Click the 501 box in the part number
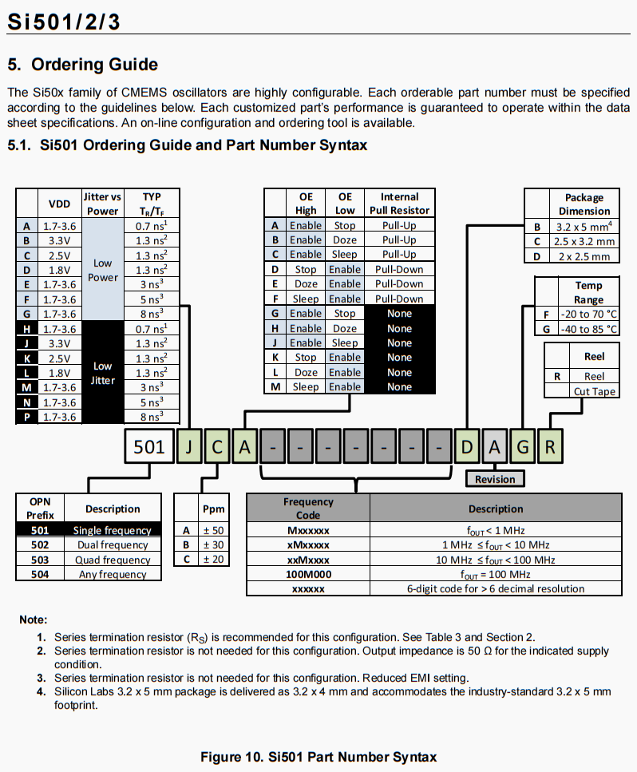[x=148, y=446]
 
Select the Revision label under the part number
[x=495, y=479]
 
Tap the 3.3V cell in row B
[x=60, y=240]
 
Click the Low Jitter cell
[x=102, y=372]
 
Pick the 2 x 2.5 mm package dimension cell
[x=584, y=256]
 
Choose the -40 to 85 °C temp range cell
[x=588, y=329]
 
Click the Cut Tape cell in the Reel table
[x=595, y=391]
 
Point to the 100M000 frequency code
[x=307, y=574]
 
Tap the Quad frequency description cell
[x=112, y=560]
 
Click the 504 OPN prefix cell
[x=40, y=574]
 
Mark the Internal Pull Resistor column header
[x=399, y=204]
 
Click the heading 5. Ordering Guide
[x=83, y=65]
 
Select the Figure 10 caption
[x=318, y=757]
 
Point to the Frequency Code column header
[x=307, y=509]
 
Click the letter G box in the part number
[x=522, y=446]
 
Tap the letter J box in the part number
[x=189, y=446]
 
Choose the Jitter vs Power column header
[x=102, y=204]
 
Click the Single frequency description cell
[x=112, y=530]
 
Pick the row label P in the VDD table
[x=27, y=416]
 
